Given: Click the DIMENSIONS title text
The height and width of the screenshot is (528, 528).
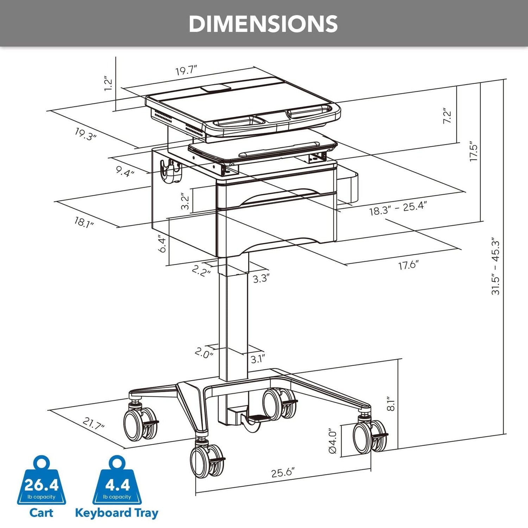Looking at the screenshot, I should pyautogui.click(x=263, y=24).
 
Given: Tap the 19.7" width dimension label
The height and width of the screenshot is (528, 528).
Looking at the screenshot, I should pyautogui.click(x=186, y=70).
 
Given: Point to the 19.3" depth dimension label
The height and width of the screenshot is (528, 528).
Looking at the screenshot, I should pyautogui.click(x=86, y=134).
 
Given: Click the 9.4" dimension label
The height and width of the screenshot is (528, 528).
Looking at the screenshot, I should pyautogui.click(x=125, y=171).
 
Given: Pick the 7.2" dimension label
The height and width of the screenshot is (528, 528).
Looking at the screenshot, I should pyautogui.click(x=447, y=116).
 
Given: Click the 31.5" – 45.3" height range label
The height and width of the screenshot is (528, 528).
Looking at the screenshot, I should pyautogui.click(x=496, y=266).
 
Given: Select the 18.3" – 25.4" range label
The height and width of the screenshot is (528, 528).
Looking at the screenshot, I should pyautogui.click(x=398, y=208).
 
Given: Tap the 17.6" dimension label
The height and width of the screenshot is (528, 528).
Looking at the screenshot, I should pyautogui.click(x=408, y=265).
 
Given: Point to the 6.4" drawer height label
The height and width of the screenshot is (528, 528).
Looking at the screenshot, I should pyautogui.click(x=162, y=244).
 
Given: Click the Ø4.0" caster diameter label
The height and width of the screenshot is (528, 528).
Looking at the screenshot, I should pyautogui.click(x=333, y=441).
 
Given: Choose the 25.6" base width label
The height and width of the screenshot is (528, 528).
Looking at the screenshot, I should pyautogui.click(x=283, y=472).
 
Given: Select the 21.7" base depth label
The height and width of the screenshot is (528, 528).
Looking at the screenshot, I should pyautogui.click(x=94, y=423).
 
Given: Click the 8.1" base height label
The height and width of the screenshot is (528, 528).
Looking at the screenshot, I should pyautogui.click(x=391, y=404).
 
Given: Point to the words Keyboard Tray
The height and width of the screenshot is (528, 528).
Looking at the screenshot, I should pyautogui.click(x=117, y=513).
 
